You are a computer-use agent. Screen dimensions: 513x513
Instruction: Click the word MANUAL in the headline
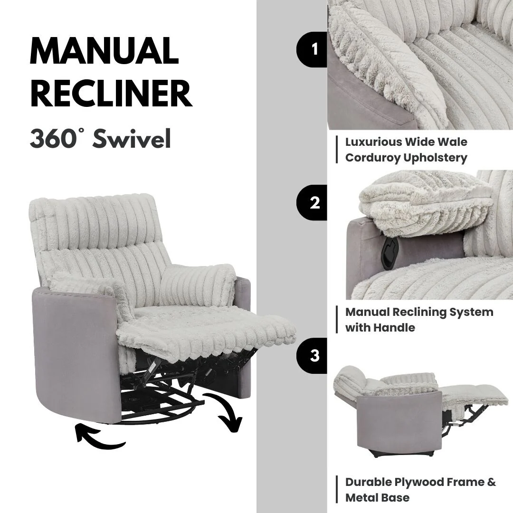[104, 51]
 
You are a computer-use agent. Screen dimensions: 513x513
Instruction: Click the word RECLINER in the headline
[111, 94]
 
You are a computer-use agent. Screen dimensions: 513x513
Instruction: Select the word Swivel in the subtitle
[132, 139]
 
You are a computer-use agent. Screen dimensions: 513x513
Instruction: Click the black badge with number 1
[313, 49]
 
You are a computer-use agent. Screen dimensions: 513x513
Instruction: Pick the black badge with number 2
[313, 203]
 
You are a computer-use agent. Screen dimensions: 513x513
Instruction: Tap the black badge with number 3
[313, 356]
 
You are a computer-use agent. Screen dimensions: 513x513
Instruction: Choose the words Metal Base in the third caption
[377, 498]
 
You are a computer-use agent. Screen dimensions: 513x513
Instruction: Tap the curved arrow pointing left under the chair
[100, 437]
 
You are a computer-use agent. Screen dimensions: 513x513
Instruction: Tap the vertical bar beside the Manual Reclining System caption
[337, 320]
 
